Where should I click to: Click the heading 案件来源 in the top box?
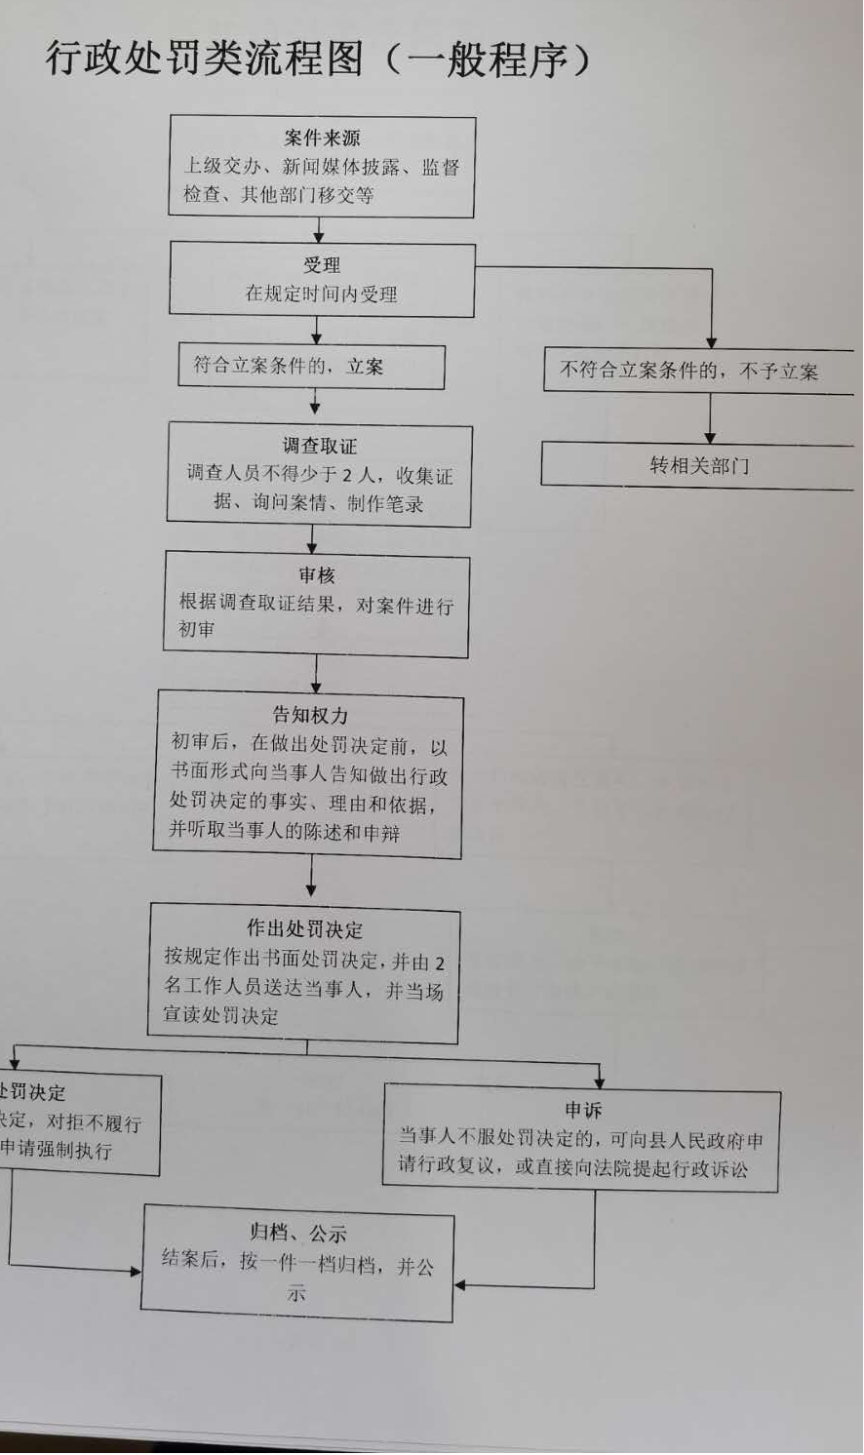click(322, 138)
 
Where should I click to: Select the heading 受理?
click(322, 265)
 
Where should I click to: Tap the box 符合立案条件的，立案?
click(310, 367)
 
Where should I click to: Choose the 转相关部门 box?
click(698, 466)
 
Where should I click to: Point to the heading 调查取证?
click(320, 447)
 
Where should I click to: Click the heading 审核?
click(317, 576)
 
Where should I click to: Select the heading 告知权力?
click(310, 716)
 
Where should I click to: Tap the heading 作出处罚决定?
click(304, 929)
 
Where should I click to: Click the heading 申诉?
click(583, 1110)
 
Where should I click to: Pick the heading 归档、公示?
click(298, 1234)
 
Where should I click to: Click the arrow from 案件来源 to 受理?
click(318, 231)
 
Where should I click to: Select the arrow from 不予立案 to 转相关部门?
click(711, 418)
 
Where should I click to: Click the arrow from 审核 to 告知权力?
click(315, 674)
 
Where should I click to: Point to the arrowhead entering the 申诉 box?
click(599, 1081)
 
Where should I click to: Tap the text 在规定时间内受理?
click(322, 294)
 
